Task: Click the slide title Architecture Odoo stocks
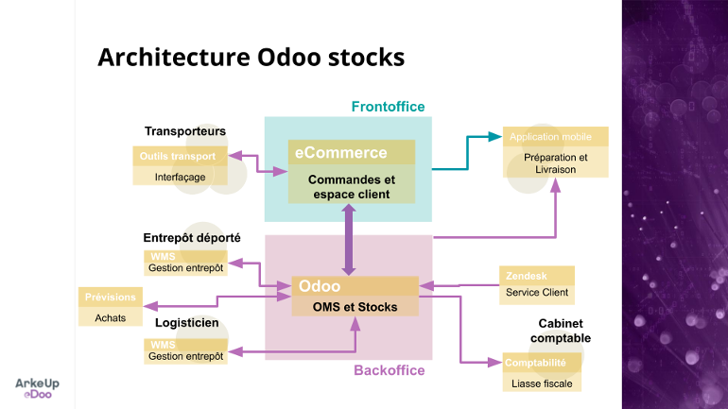[x=251, y=58]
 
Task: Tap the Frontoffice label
[x=388, y=107]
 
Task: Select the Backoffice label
[x=389, y=370]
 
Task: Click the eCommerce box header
[x=352, y=152]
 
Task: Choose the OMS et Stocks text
[x=355, y=307]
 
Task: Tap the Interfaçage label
[x=180, y=177]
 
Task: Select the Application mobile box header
[x=555, y=137]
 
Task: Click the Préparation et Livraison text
[x=555, y=163]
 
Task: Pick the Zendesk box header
[x=536, y=276]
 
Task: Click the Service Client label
[x=536, y=293]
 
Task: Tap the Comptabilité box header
[x=536, y=363]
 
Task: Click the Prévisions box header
[x=111, y=298]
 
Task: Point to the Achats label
[x=111, y=318]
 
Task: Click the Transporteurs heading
[x=184, y=131]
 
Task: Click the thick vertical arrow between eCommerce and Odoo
[x=349, y=240]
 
